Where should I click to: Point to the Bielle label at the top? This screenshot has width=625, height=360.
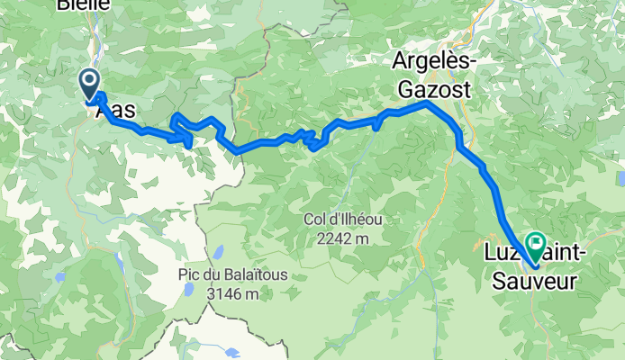pyautogui.click(x=83, y=4)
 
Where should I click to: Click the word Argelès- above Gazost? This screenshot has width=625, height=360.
pyautogui.click(x=433, y=61)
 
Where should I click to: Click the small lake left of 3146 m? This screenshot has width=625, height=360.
pyautogui.click(x=188, y=291)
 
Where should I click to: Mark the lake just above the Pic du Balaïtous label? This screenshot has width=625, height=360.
pyautogui.click(x=217, y=251)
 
